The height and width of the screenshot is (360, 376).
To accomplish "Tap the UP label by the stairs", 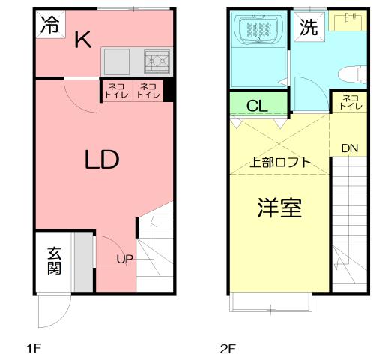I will click(x=124, y=259).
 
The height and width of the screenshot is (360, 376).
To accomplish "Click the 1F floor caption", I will click(x=34, y=348).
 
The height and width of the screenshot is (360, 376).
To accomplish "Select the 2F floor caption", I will click(x=227, y=348).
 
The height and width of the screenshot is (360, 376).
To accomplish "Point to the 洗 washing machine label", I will click(x=308, y=28).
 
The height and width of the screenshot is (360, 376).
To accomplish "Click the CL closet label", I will click(x=257, y=105).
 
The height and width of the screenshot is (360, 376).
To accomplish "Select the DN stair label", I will click(x=349, y=148).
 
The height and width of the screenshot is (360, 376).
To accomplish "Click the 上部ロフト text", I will click(x=280, y=162).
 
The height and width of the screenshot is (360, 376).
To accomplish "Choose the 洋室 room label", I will click(x=279, y=208).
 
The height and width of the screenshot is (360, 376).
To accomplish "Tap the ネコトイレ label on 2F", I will click(x=348, y=102).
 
